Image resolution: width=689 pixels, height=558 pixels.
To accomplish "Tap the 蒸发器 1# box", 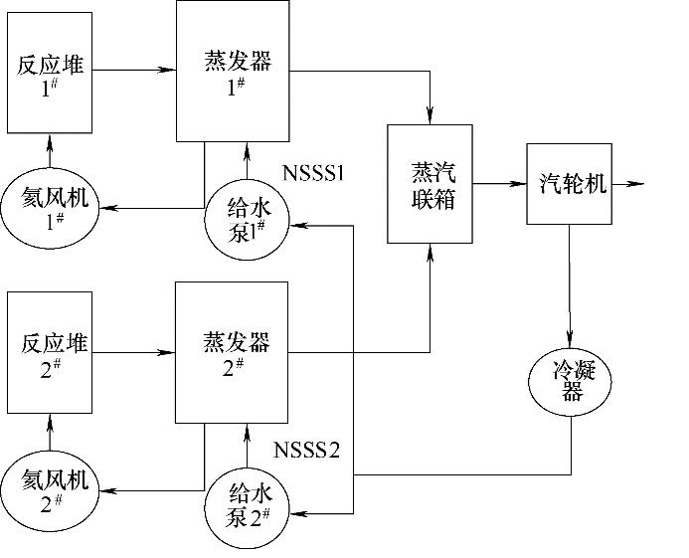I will tap(233, 71).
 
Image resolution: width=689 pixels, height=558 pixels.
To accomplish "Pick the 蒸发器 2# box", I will tap(232, 351).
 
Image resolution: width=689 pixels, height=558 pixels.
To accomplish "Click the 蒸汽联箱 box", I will tap(431, 185).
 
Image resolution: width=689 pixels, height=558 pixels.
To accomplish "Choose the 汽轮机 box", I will tap(569, 184).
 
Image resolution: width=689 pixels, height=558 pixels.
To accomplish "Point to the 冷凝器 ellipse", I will tap(571, 379).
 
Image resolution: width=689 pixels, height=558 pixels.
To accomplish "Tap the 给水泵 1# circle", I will tap(245, 216).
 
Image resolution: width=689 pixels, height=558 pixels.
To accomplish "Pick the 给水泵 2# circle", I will tap(246, 502).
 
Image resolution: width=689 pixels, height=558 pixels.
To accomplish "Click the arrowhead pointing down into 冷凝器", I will tap(571, 337).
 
